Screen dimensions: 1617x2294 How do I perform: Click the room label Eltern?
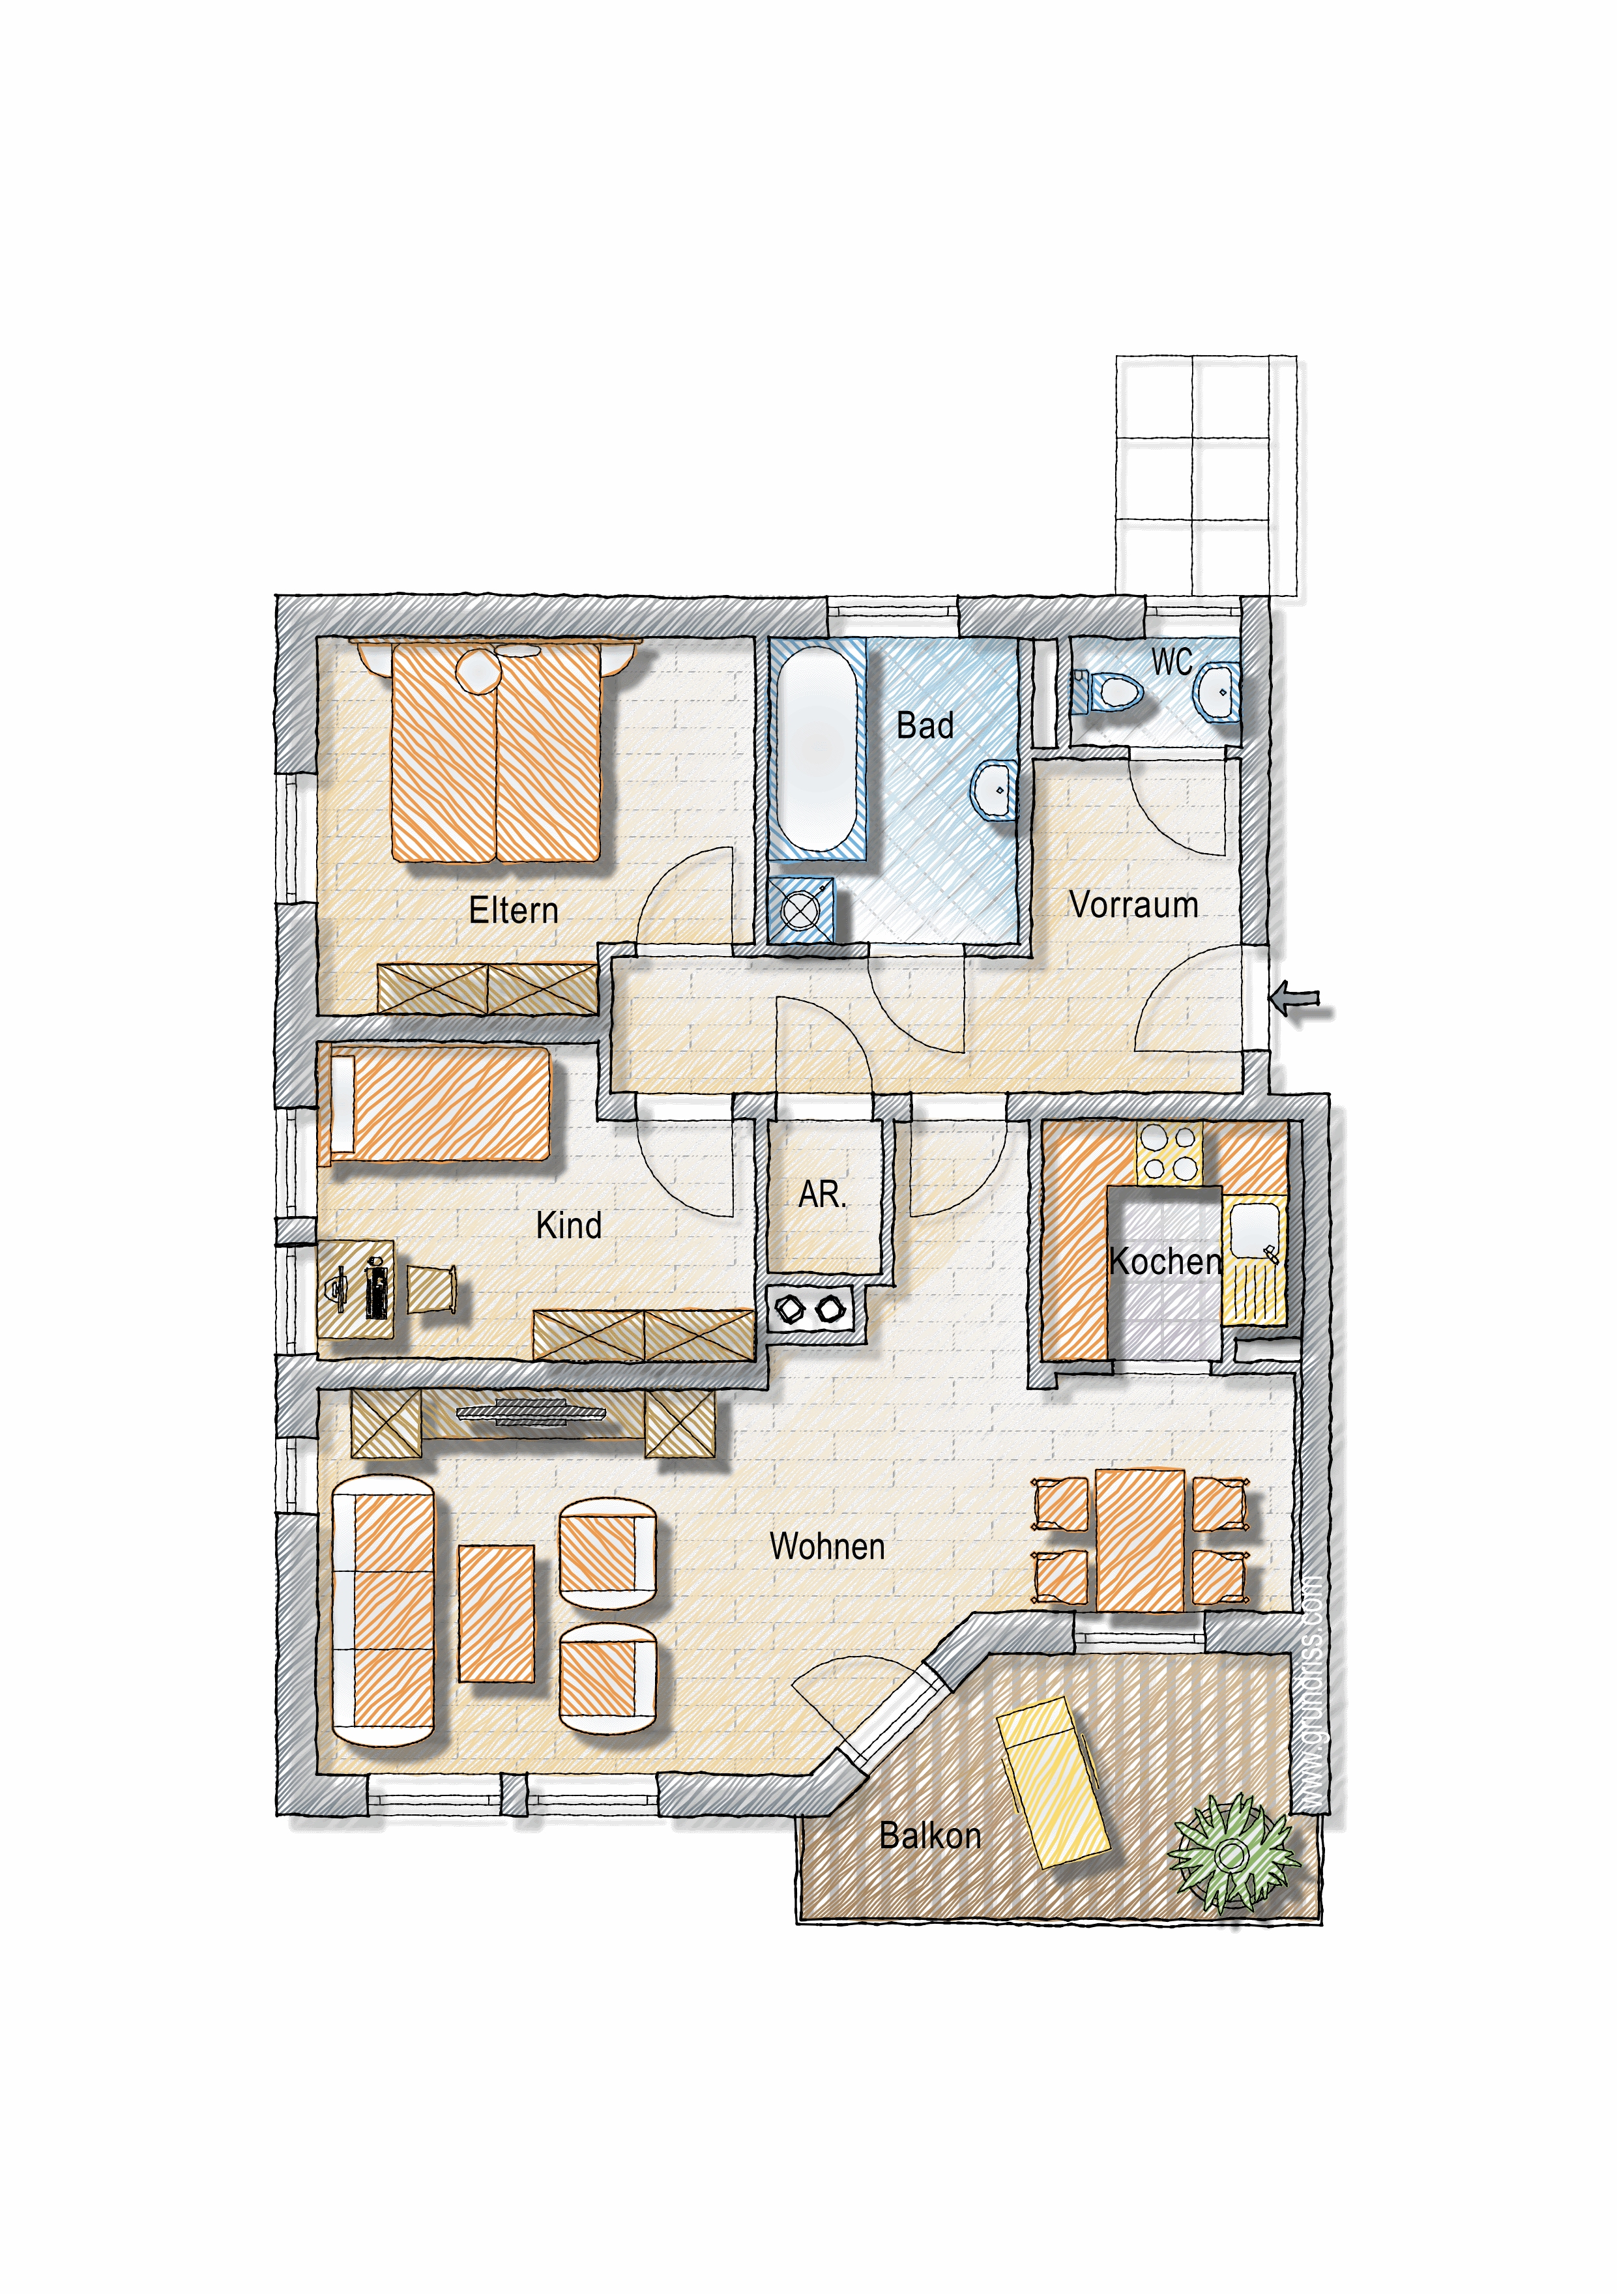coord(514,910)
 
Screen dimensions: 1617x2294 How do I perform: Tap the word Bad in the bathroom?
coord(924,725)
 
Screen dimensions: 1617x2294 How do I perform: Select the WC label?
coord(1173,661)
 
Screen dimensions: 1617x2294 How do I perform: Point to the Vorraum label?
coord(1133,904)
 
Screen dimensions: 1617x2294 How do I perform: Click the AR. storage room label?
coord(823,1194)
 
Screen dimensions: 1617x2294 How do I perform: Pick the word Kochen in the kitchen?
coord(1165,1261)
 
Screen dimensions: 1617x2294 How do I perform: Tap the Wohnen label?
coord(828,1546)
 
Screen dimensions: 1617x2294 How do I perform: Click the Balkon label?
coord(931,1835)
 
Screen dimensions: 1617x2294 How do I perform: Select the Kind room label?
coord(568,1225)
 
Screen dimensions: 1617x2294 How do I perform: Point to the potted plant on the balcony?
coord(1232,1854)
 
